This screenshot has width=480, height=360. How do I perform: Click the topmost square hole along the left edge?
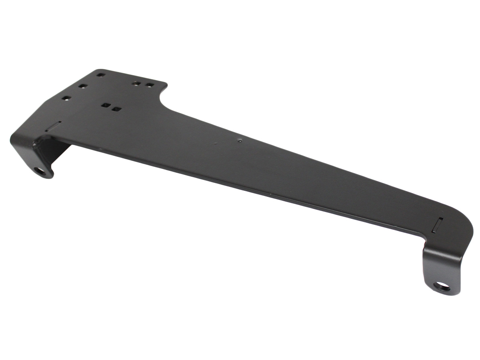tap(100, 74)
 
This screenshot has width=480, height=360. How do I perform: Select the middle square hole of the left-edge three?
tap(82, 86)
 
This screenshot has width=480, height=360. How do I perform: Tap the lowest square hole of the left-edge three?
tap(66, 98)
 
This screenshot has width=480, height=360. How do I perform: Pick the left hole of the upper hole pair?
tap(137, 84)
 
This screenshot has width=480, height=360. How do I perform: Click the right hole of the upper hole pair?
tap(149, 85)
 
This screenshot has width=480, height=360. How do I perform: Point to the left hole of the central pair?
tap(106, 106)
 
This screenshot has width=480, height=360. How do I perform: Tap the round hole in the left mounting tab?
tap(40, 171)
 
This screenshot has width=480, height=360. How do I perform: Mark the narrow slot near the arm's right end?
tap(438, 224)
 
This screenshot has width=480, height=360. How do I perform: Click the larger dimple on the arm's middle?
tap(239, 140)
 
